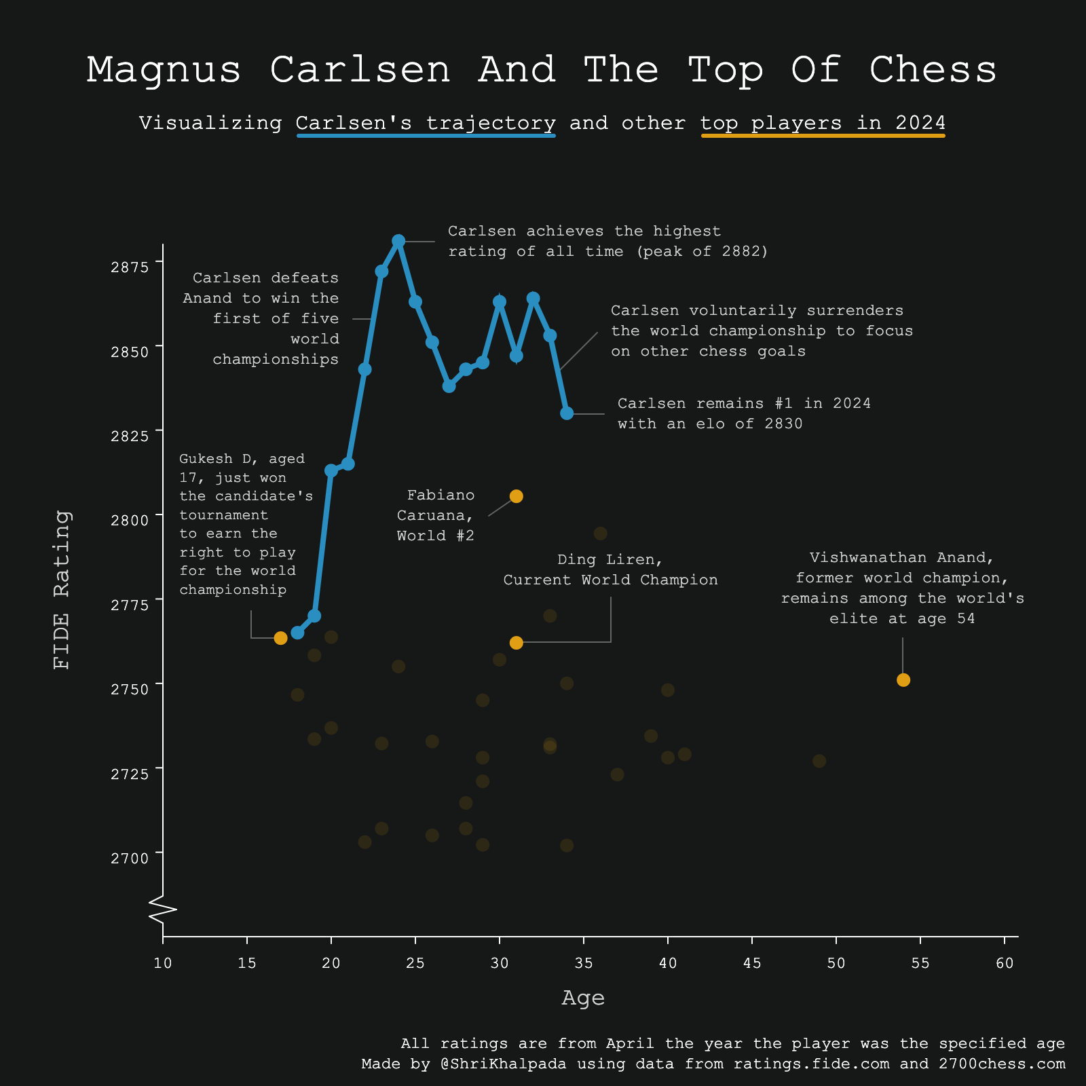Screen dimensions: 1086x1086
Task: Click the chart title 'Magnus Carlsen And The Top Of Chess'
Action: [542, 70]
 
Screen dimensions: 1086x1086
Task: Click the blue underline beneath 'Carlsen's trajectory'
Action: [426, 136]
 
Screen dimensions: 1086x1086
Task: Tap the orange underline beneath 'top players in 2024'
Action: [823, 136]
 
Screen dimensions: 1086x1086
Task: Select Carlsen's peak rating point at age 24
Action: [398, 241]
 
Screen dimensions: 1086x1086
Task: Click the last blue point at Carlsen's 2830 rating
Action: [567, 413]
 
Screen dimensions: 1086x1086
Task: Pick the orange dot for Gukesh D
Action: [280, 638]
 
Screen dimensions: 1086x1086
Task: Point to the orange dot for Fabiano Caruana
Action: [516, 496]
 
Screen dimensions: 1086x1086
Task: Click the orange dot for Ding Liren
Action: [516, 643]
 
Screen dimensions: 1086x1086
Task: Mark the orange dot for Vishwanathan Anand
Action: [903, 680]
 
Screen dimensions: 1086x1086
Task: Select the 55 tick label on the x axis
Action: [920, 963]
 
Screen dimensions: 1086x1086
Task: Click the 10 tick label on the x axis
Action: [163, 963]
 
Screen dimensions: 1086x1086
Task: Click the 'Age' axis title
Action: [583, 998]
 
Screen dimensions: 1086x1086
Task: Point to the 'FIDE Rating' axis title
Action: [62, 590]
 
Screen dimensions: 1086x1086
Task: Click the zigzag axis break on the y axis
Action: [163, 910]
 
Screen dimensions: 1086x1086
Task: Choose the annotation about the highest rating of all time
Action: [608, 242]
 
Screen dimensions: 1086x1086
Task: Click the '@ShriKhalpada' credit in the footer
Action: [503, 1064]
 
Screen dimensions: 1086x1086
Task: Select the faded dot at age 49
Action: [819, 761]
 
